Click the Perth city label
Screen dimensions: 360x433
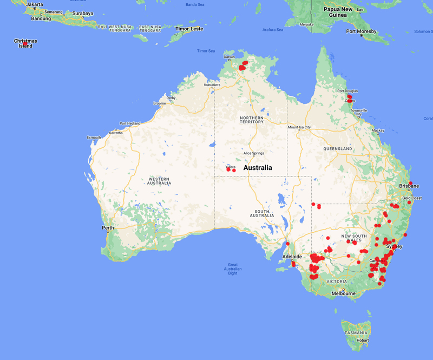(x=108, y=227)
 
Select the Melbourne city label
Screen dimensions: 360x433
(x=344, y=293)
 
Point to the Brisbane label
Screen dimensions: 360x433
(x=410, y=186)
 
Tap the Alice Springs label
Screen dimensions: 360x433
(x=254, y=153)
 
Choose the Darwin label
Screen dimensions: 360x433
(x=229, y=57)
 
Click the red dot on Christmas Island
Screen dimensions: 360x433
(x=25, y=43)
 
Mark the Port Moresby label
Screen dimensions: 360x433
(x=362, y=31)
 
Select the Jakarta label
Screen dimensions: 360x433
(x=34, y=4)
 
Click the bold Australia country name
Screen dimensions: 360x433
(x=258, y=168)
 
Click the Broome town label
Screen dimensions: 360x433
(x=160, y=103)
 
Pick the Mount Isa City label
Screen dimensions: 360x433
(x=299, y=127)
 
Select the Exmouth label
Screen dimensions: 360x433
(x=94, y=138)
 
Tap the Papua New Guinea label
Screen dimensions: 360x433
(x=338, y=12)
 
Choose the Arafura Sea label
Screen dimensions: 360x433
(x=273, y=30)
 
